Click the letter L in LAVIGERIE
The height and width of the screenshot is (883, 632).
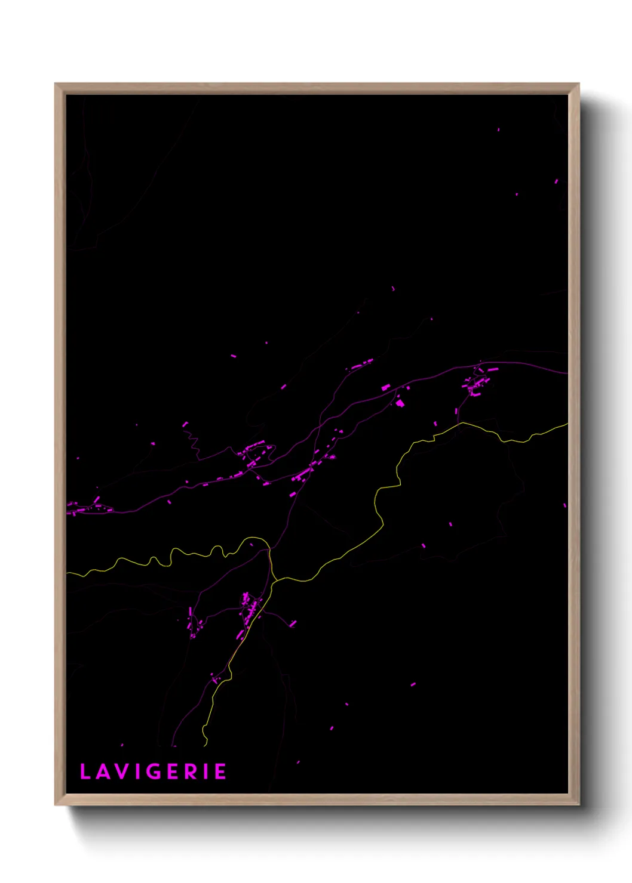tap(84, 771)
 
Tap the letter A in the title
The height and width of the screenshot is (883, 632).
tap(102, 771)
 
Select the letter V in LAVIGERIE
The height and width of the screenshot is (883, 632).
tap(121, 771)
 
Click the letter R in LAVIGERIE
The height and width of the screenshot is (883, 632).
tap(191, 771)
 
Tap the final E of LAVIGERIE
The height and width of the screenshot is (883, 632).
tap(220, 771)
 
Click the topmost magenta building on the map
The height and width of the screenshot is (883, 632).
tap(498, 129)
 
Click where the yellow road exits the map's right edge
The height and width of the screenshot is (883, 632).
tap(566, 424)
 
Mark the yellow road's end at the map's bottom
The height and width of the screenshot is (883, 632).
tap(205, 745)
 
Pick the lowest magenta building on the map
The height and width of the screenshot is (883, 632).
tap(298, 762)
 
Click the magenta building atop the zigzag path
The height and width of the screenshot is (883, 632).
tap(185, 424)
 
